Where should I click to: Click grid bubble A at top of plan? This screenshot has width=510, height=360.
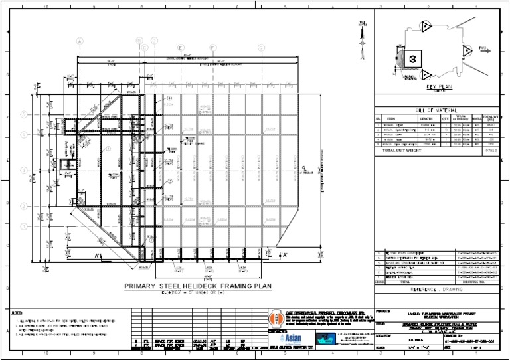[80, 41]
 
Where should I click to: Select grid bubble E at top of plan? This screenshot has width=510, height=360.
[212, 48]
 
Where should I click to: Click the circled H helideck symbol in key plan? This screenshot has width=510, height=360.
[412, 58]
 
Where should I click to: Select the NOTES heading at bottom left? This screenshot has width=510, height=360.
[17, 312]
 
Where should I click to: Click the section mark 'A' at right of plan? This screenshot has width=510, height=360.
[284, 254]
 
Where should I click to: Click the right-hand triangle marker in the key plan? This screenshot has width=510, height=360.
[468, 50]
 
